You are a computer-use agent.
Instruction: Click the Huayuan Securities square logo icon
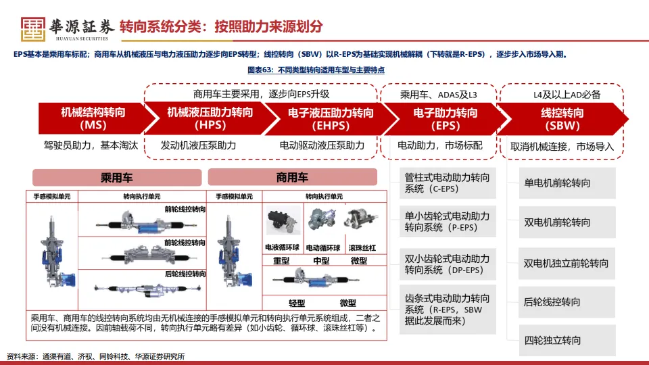click(32, 27)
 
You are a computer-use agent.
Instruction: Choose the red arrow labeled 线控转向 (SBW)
click(562, 118)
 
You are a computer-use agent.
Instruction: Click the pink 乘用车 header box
click(117, 178)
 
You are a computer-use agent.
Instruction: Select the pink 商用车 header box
click(292, 178)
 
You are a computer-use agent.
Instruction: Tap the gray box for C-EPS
click(447, 183)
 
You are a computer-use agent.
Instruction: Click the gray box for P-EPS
click(447, 222)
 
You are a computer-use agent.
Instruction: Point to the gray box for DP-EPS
click(447, 264)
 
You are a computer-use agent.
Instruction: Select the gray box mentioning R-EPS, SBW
click(447, 309)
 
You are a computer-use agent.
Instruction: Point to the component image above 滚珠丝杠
click(362, 220)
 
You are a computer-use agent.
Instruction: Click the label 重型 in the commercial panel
click(281, 261)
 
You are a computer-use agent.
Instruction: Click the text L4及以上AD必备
click(562, 95)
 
